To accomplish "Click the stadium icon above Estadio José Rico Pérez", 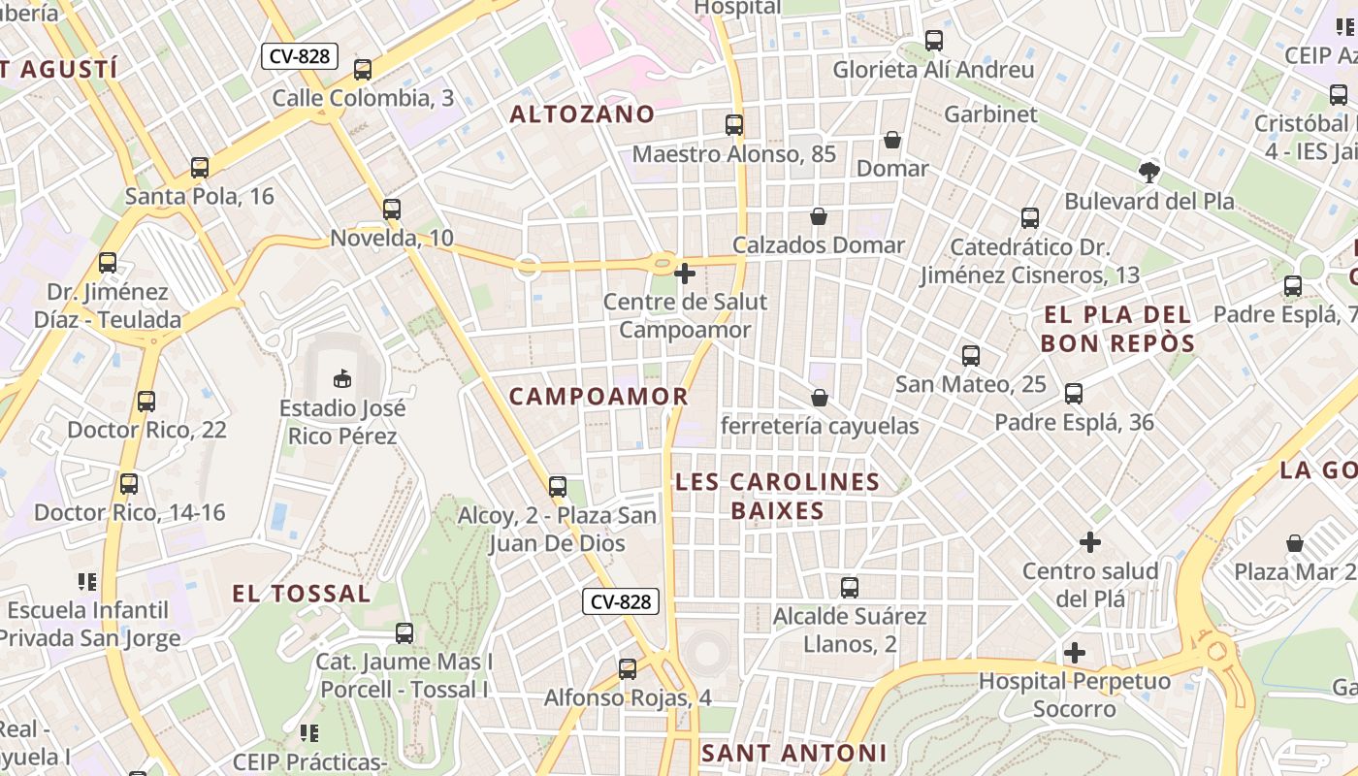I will pos(341,377).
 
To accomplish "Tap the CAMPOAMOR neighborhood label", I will pos(598,396).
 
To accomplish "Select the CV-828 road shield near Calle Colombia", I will pos(300,56).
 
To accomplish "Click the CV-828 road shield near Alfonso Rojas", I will pos(621,601).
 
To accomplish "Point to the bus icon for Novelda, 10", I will pos(392,209).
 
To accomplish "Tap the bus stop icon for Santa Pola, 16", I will pos(200,167).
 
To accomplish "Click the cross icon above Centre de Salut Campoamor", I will pos(685,274).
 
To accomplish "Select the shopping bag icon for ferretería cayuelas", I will pos(820,398).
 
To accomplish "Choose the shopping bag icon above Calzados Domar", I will pos(819,216).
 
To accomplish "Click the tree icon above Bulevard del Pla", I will pos(1149,173).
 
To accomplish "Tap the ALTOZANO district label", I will pos(583,113).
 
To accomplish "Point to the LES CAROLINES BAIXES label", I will pos(777,496).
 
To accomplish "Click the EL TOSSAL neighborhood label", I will pos(302,593).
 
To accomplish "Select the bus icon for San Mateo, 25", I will pos(971,356).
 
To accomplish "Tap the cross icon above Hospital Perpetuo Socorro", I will pos(1075,653).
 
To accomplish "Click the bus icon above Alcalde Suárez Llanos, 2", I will pos(850,587).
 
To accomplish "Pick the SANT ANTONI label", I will pos(793,753).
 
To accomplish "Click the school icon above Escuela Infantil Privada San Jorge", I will pos(88,582).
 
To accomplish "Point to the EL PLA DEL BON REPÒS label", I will pos(1116,329).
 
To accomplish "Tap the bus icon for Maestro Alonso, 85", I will pos(734,125).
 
